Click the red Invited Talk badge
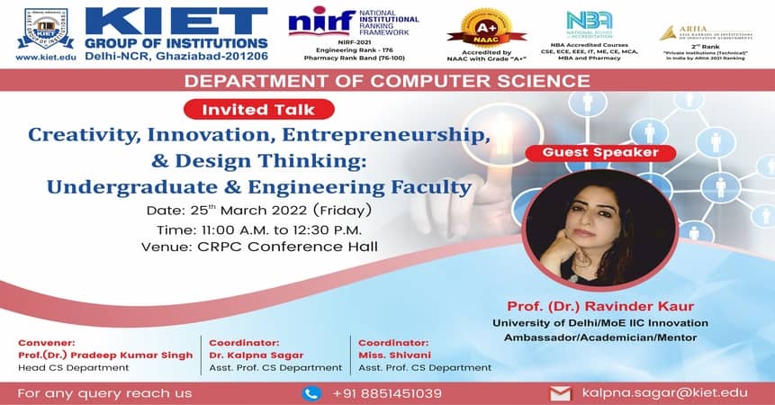click(x=258, y=110)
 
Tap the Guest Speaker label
click(x=600, y=152)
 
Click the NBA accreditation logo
click(x=590, y=22)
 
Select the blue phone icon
click(x=311, y=392)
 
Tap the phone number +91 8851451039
click(x=387, y=393)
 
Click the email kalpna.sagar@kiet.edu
click(x=664, y=393)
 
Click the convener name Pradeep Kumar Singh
click(x=105, y=355)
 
